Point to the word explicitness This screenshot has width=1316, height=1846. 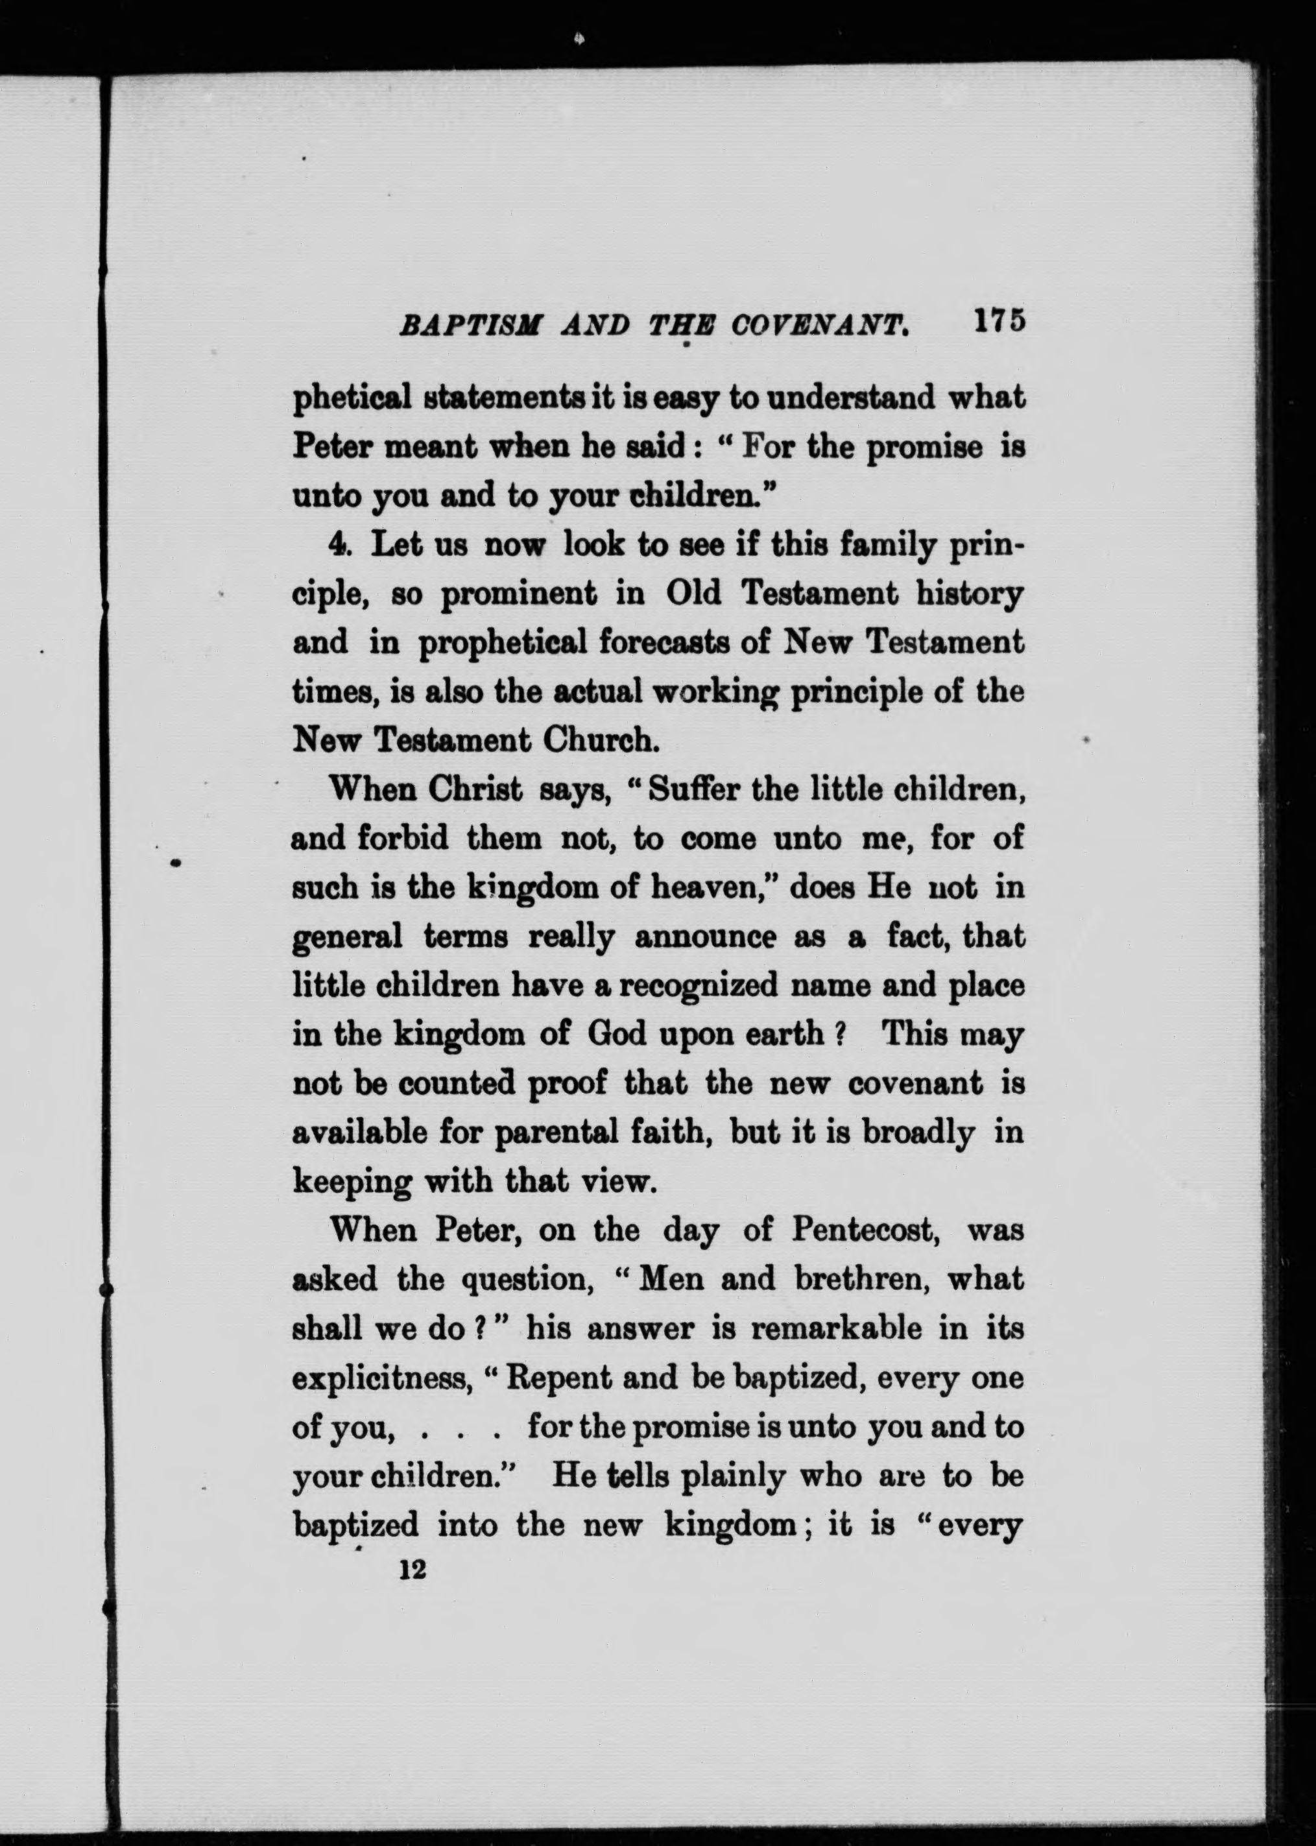tap(383, 1378)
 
